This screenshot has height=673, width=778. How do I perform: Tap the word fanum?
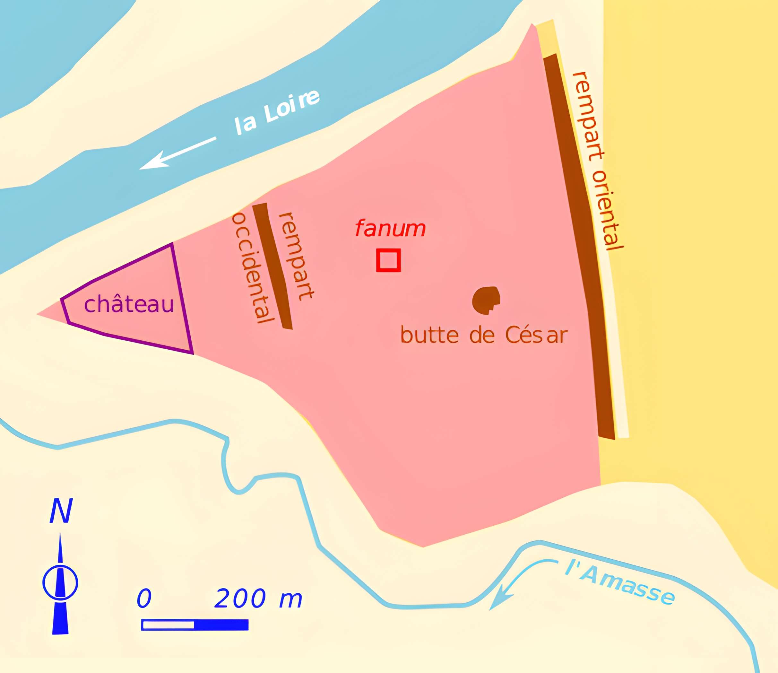390,228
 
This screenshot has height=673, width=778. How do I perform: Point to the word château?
129,304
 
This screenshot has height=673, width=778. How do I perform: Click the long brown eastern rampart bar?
578,244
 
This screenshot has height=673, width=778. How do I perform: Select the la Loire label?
277,113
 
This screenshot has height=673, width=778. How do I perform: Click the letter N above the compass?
61,511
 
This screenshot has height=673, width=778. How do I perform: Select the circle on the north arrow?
60,582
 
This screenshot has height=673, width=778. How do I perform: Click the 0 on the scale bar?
144,598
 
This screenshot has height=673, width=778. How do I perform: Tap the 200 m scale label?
258,598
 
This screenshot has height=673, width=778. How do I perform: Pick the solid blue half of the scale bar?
221,625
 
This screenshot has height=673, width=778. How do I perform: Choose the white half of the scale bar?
168,625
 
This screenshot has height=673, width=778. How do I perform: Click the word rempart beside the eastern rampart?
588,117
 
